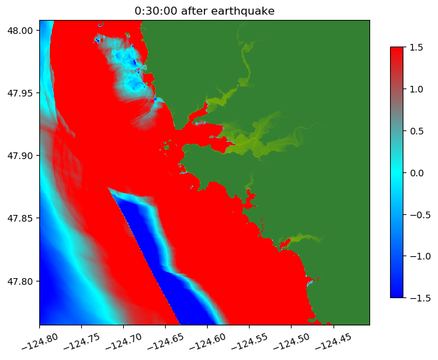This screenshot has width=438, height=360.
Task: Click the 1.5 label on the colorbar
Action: (416, 47)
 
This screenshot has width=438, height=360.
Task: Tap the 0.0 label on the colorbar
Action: (416, 172)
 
